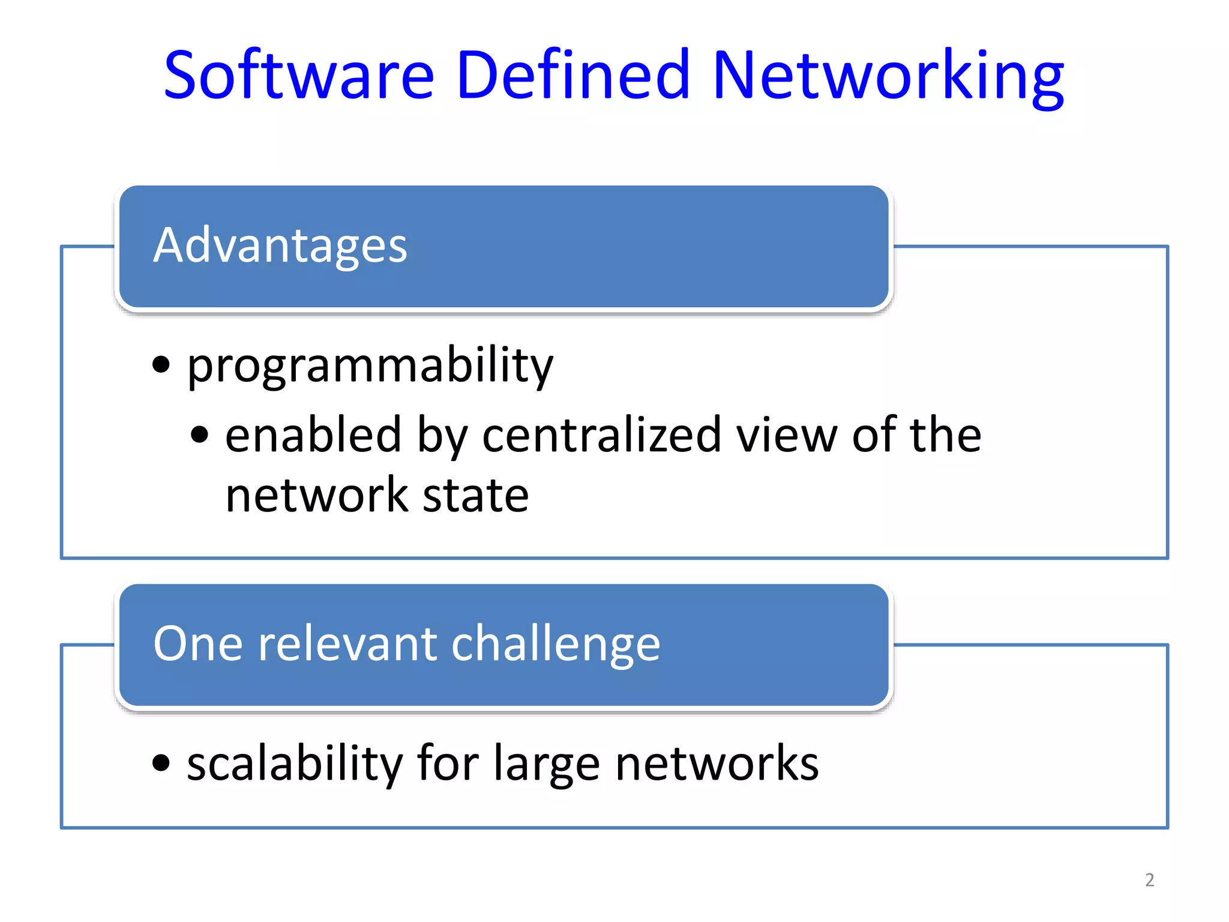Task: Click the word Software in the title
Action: (x=298, y=75)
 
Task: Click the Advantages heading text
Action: (x=280, y=246)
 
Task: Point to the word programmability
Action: (x=370, y=366)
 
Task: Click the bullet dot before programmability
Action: (x=161, y=364)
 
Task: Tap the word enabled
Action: (x=313, y=435)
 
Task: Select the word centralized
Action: (x=602, y=435)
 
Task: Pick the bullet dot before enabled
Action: (x=199, y=435)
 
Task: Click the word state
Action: (x=475, y=496)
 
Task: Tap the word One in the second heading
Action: (x=199, y=644)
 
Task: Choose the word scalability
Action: (x=295, y=764)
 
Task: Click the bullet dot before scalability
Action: (x=161, y=763)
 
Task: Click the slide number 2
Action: (x=1149, y=880)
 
